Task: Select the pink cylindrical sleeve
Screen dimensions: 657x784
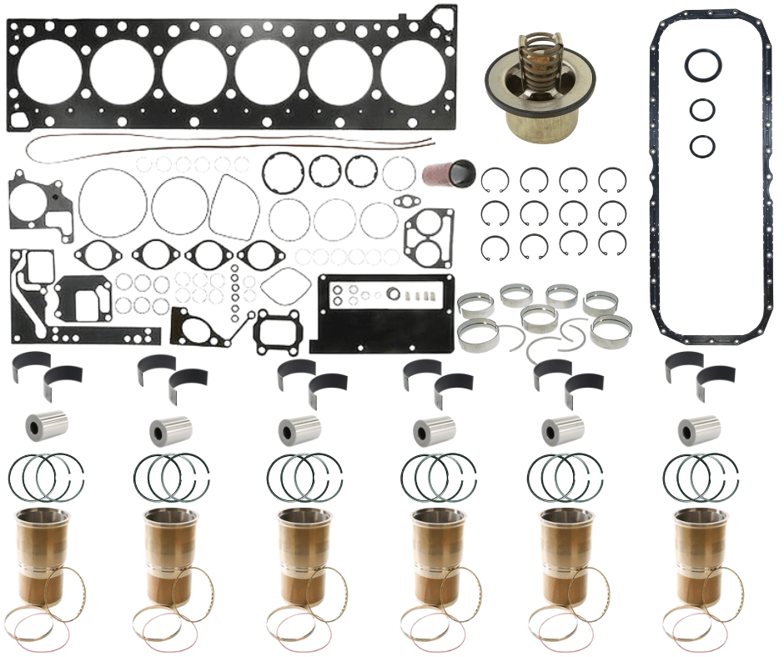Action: [x=448, y=173]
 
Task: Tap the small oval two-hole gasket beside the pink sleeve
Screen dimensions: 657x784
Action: [x=405, y=201]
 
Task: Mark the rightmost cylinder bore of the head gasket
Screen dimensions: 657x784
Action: [x=413, y=71]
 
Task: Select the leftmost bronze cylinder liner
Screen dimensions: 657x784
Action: [x=42, y=550]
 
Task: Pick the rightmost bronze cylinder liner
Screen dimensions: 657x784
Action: [x=696, y=550]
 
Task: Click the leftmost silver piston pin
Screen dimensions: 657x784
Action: [x=46, y=426]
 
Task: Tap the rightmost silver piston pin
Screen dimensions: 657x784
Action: [x=698, y=429]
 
